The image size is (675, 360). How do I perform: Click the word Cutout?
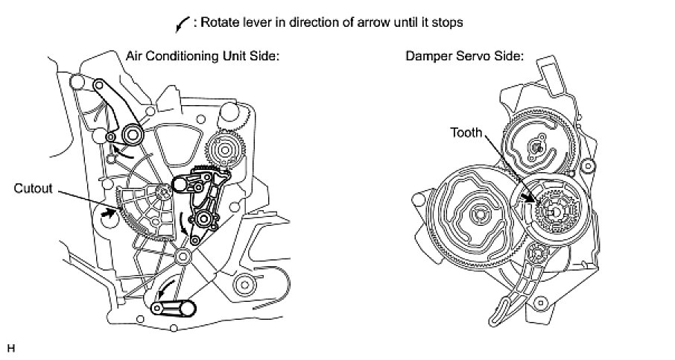click(x=34, y=189)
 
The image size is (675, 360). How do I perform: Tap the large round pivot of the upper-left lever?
click(x=133, y=134)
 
